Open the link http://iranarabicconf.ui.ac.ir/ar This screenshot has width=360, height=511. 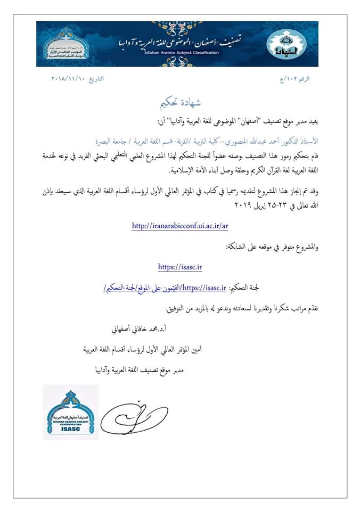[180, 226]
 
